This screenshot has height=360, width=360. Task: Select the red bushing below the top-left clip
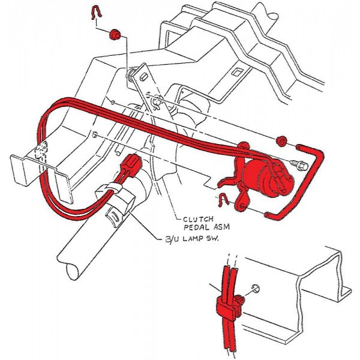(114, 37)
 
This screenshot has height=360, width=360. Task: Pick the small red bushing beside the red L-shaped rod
(281, 141)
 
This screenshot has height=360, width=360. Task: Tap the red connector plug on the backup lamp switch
(131, 164)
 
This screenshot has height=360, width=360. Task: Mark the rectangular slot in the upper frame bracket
(237, 74)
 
